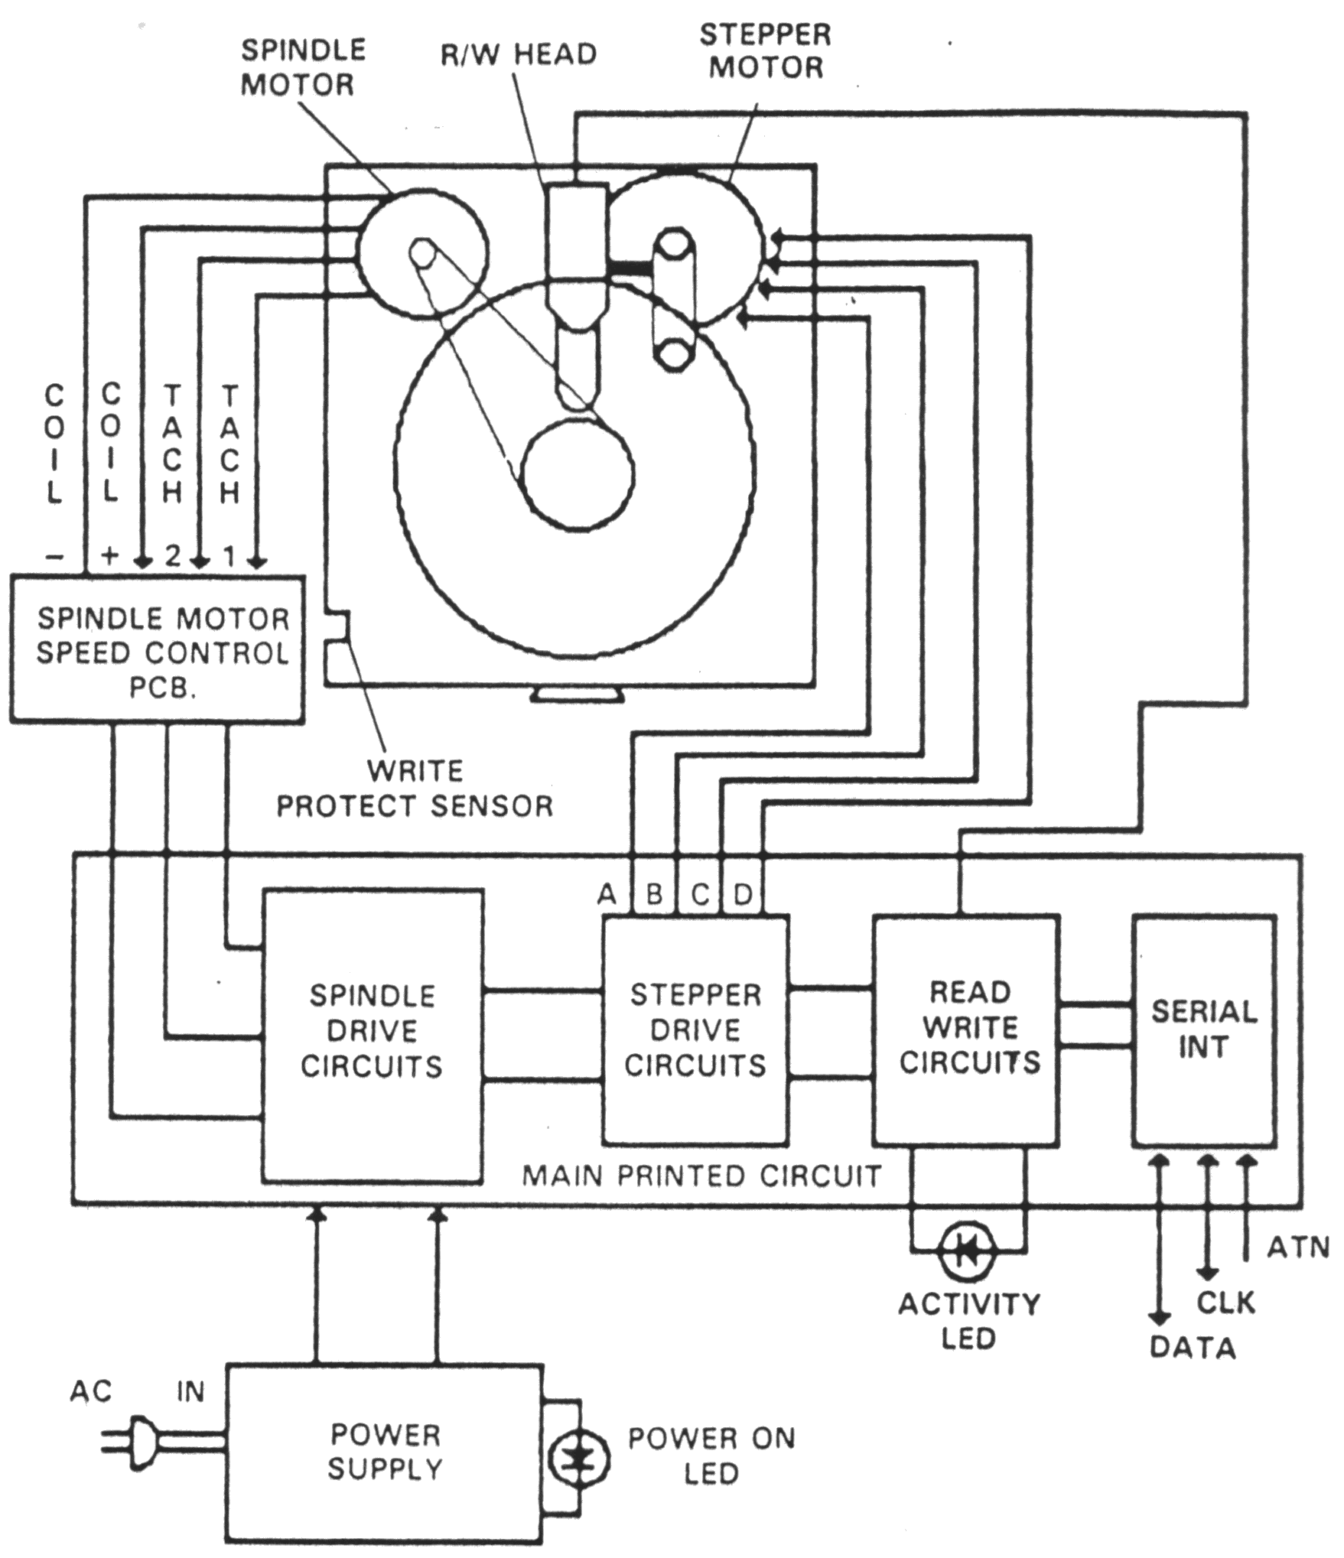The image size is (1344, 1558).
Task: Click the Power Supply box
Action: click(384, 1452)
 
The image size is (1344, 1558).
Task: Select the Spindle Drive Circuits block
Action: click(373, 1036)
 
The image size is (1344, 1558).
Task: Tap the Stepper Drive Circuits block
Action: click(695, 1029)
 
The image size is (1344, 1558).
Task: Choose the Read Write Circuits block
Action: click(967, 1029)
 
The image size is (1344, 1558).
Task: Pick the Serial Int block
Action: click(1204, 1029)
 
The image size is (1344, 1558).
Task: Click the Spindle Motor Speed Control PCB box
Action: click(158, 649)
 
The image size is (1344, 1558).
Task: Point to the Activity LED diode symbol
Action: click(968, 1251)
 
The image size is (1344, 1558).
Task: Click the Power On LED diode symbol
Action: click(579, 1459)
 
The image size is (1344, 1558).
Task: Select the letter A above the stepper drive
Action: click(607, 893)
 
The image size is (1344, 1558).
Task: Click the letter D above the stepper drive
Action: click(743, 893)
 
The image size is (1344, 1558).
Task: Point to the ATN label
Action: click(1298, 1247)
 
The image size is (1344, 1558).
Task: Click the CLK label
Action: click(1225, 1302)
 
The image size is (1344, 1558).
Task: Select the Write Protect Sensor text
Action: click(415, 788)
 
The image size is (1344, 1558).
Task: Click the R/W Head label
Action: click(518, 54)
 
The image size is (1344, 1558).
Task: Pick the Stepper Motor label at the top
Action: click(765, 50)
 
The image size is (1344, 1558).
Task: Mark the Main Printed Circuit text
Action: click(701, 1176)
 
